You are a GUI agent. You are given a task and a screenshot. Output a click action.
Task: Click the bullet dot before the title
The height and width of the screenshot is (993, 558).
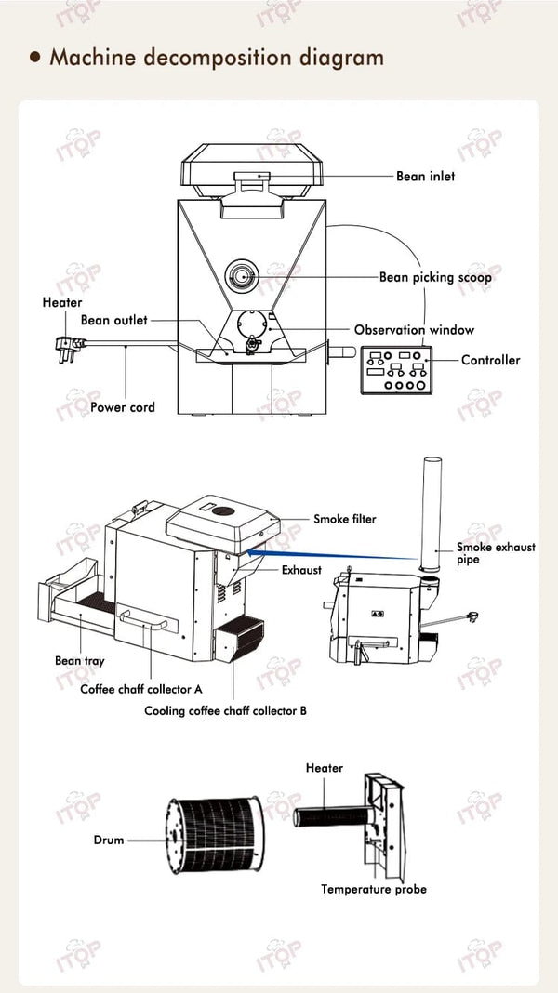tap(35, 58)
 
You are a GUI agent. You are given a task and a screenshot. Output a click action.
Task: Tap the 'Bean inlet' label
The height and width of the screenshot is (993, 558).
tap(425, 176)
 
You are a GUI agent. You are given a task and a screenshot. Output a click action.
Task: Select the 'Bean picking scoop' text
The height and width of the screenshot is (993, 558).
tap(435, 277)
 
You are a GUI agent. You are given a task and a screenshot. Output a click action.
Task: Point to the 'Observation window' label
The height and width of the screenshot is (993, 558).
tap(414, 330)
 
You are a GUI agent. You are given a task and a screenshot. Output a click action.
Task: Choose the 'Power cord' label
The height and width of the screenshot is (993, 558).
tap(123, 406)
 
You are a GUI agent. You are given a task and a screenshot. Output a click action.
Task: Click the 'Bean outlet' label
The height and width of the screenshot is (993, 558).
tap(113, 320)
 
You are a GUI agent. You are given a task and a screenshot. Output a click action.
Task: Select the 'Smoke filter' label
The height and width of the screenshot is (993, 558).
tap(344, 519)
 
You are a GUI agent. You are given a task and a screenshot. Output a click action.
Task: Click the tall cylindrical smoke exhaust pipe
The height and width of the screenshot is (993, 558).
tap(432, 514)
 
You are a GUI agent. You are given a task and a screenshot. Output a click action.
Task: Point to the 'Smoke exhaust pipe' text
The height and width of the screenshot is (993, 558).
tap(495, 553)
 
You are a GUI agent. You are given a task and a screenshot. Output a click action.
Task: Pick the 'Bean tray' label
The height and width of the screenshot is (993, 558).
tap(79, 661)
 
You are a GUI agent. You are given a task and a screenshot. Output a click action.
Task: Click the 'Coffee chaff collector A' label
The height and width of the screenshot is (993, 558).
tap(141, 689)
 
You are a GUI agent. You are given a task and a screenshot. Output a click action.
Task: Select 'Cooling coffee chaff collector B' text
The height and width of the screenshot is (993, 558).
tap(225, 711)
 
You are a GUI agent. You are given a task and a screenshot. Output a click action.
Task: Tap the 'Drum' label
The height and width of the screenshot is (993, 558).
tap(108, 840)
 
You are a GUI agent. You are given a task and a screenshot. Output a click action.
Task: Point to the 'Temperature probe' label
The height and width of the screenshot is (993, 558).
tap(374, 889)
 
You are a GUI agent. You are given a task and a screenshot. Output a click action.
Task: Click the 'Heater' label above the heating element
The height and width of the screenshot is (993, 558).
tap(324, 768)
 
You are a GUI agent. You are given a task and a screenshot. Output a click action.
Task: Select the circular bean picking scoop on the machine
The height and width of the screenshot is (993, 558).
tap(241, 275)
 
